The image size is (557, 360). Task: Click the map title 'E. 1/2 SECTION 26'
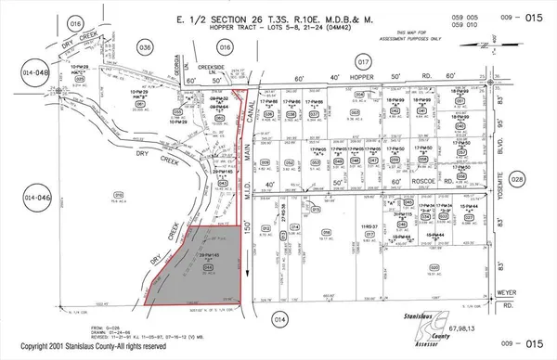coord(212,18)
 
